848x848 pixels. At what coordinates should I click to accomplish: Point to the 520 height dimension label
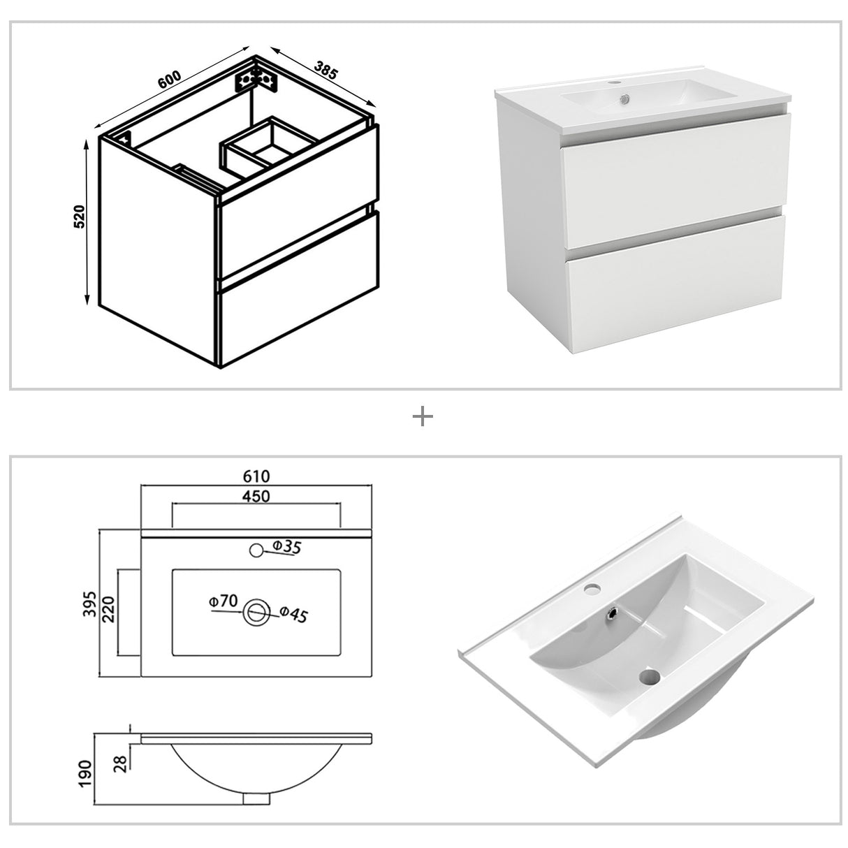pos(80,217)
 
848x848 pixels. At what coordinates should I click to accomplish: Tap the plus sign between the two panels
pos(423,418)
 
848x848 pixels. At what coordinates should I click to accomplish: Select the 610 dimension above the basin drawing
pos(256,476)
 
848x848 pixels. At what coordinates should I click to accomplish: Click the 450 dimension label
pos(256,496)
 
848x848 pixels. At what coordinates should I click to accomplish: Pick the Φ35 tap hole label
pos(286,548)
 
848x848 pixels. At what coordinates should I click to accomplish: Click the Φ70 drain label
pos(224,600)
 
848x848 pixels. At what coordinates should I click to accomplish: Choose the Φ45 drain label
pos(293,615)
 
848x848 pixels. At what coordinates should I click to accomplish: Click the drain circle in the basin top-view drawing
pos(256,612)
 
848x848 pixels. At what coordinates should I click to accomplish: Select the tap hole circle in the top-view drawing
pos(256,550)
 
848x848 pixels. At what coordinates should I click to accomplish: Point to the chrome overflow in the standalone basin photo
pos(613,613)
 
